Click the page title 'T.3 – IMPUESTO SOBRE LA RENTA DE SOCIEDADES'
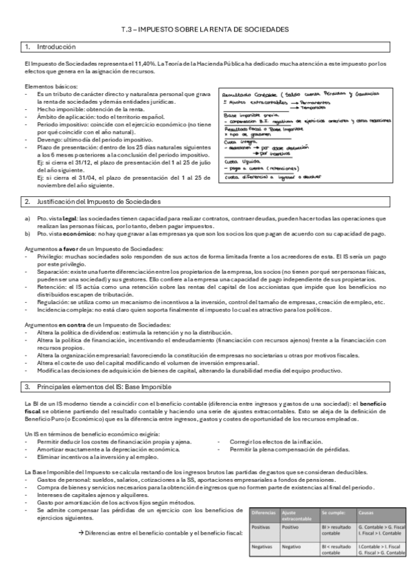tap(205, 29)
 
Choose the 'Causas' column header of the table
tap(366, 513)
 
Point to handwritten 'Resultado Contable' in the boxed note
tap(250, 93)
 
